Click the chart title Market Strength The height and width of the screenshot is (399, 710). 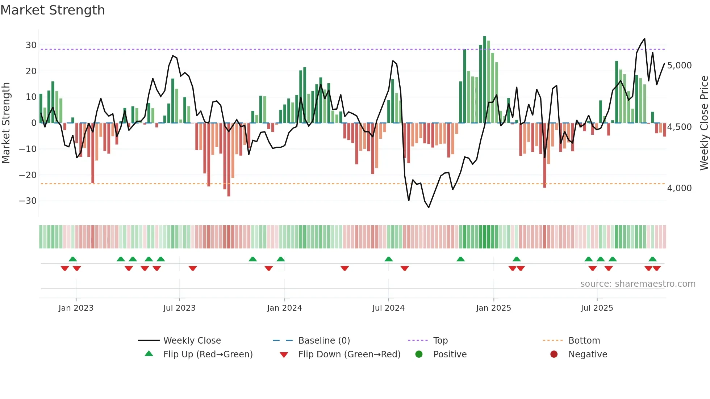pos(53,10)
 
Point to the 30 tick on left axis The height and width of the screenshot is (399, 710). pos(31,45)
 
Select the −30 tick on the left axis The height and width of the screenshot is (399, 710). pos(28,201)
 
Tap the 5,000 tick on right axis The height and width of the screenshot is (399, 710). pos(679,66)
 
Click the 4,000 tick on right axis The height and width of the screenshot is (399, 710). pos(679,188)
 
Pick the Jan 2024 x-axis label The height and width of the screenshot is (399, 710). pos(284,308)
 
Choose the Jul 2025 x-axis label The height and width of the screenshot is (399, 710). pos(597,308)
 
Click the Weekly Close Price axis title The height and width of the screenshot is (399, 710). pos(704,123)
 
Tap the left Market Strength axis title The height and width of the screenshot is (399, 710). pos(6,123)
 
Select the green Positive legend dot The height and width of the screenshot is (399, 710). pos(419,354)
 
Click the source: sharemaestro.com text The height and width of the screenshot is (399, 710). pos(638,284)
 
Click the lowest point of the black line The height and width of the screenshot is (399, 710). pos(429,207)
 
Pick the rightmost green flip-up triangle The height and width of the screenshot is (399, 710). pos(652,259)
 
